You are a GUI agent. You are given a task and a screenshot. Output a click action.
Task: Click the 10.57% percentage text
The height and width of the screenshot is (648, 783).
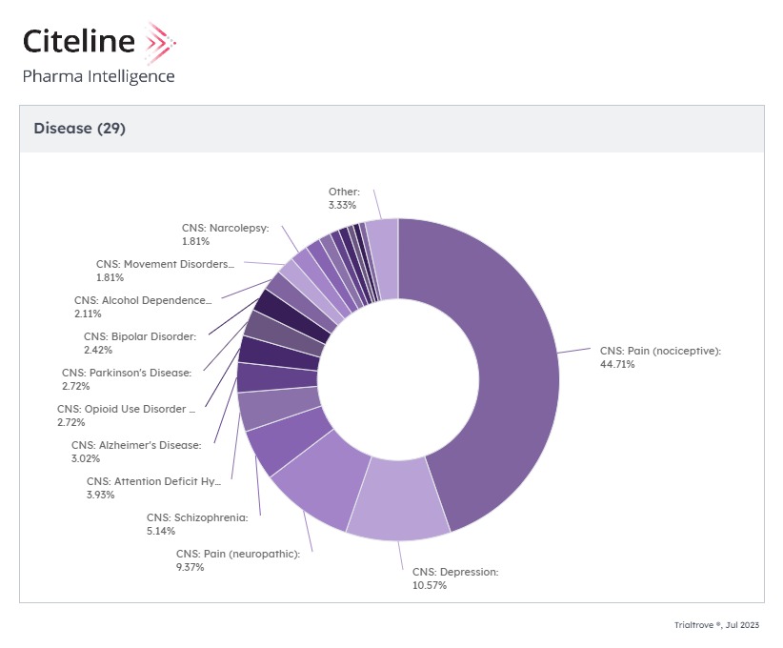[x=429, y=585]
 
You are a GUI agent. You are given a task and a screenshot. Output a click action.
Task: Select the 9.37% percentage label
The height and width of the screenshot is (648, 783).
[x=190, y=567]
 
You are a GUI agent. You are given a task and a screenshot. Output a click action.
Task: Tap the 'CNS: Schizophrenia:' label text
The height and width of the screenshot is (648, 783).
[x=196, y=517]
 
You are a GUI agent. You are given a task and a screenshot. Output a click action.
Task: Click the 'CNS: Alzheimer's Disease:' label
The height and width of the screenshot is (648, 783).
[x=136, y=445]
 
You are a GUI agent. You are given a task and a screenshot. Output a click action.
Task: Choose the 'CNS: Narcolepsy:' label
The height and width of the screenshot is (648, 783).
[x=226, y=229]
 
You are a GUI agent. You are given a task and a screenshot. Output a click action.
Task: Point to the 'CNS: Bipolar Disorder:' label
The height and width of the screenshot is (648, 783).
[x=139, y=336]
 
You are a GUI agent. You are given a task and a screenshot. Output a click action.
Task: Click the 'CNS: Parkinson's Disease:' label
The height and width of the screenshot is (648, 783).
[x=127, y=373]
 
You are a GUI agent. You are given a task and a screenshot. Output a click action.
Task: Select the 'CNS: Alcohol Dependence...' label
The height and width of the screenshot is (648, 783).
[x=143, y=300]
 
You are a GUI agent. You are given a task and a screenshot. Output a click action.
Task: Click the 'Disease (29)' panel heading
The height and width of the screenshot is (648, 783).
[x=79, y=129]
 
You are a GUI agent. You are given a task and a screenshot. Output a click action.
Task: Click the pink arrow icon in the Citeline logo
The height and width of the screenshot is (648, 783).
[x=157, y=42]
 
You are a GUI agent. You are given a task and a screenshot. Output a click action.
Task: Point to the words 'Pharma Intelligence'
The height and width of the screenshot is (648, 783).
[x=99, y=76]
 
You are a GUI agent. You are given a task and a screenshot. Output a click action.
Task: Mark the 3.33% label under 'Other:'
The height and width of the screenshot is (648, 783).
[x=343, y=205]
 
